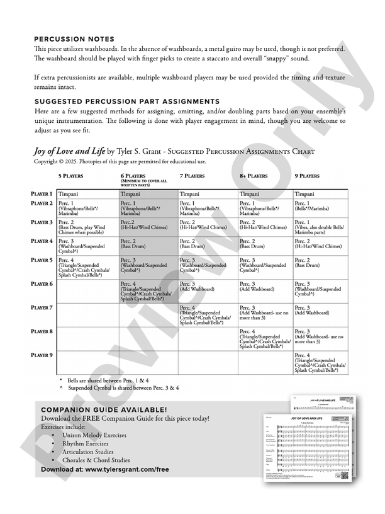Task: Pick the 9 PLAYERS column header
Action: [310, 177]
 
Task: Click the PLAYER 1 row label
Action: [42, 194]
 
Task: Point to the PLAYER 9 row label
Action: [42, 355]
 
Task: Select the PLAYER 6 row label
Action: [42, 284]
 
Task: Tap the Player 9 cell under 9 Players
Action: [320, 363]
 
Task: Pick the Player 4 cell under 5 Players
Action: [86, 246]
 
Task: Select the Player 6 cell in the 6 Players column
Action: [147, 291]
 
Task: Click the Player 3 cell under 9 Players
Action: [320, 226]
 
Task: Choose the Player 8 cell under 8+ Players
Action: [264, 338]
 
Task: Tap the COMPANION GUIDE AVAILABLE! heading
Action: [103, 409]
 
